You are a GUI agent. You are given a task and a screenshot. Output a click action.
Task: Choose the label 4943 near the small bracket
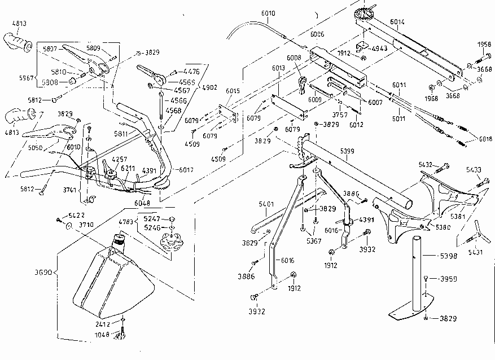pyautogui.click(x=379, y=49)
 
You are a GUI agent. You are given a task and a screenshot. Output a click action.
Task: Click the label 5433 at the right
pyautogui.click(x=474, y=169)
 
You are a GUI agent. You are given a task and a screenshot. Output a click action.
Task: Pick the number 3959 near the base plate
pyautogui.click(x=449, y=279)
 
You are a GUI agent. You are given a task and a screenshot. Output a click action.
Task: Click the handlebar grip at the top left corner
pyautogui.click(x=17, y=41)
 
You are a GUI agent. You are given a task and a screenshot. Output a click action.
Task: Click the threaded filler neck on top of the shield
pyautogui.click(x=119, y=239)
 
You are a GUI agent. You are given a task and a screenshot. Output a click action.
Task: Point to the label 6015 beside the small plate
pyautogui.click(x=233, y=90)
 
